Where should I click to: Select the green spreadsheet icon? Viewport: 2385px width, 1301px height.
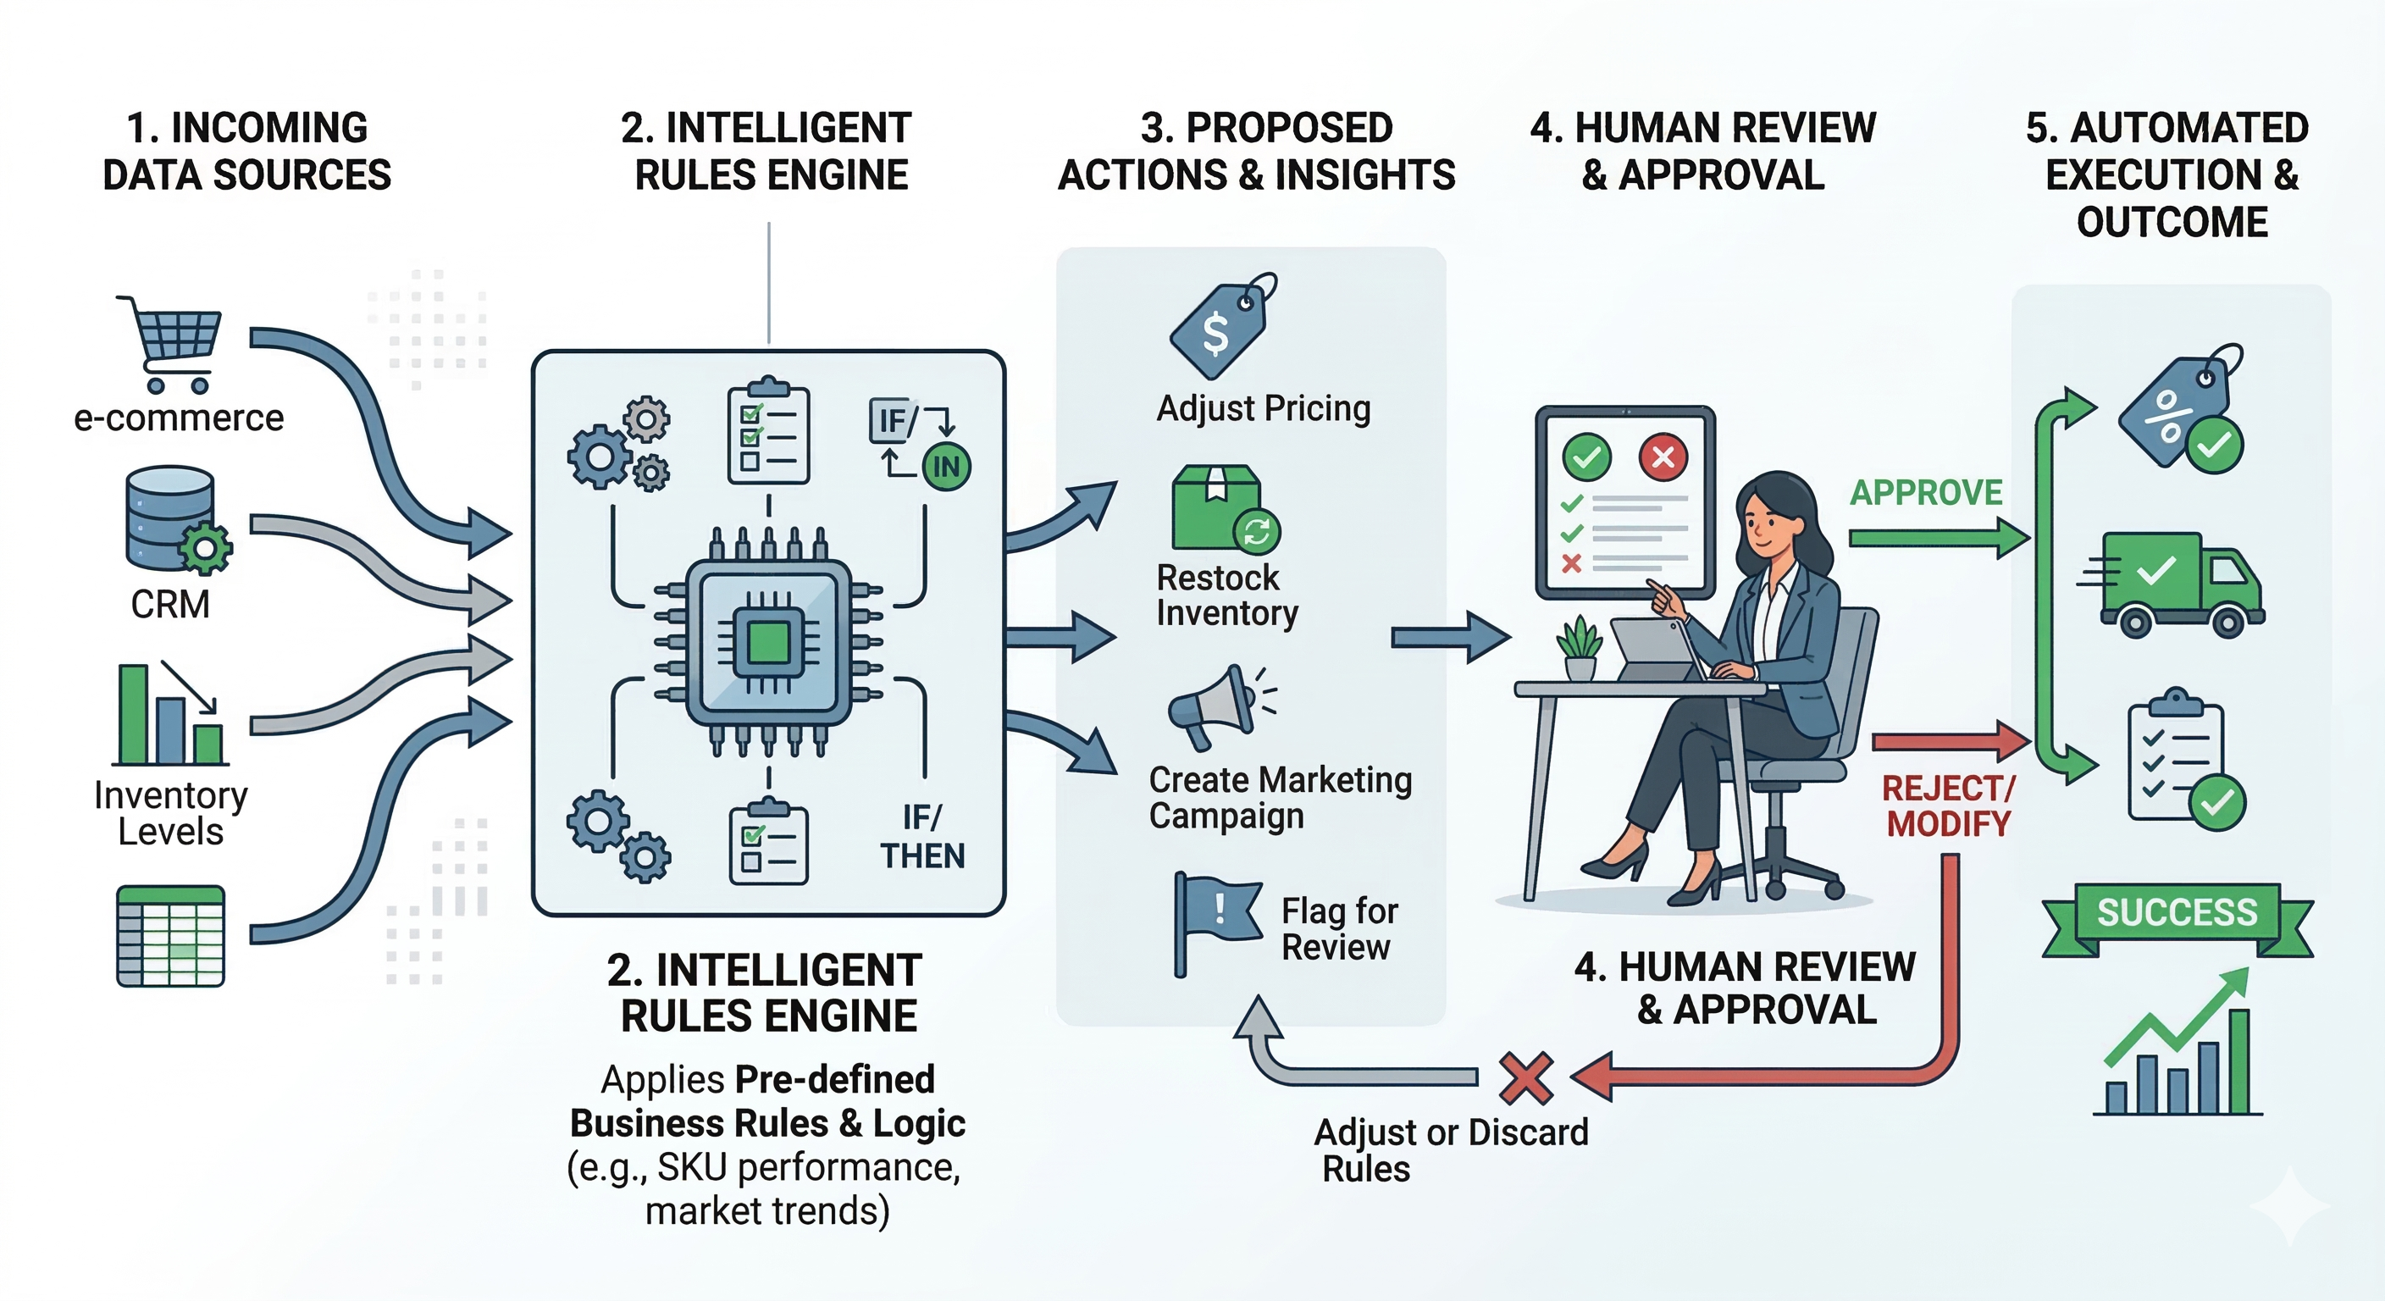point(170,935)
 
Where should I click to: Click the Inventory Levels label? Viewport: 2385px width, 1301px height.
point(170,813)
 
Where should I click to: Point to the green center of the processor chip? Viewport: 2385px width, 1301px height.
point(767,641)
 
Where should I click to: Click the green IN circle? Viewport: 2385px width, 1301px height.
point(946,466)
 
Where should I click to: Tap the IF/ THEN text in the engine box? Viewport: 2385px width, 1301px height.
point(922,836)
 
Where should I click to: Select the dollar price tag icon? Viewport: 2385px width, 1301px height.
point(1220,326)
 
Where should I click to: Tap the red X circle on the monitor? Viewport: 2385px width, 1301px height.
point(1663,457)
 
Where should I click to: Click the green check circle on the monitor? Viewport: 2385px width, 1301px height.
point(1586,457)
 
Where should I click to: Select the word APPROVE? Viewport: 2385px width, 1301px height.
point(1926,493)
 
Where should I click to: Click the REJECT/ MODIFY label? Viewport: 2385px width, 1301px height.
point(1948,806)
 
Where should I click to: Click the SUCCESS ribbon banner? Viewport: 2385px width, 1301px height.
point(2177,914)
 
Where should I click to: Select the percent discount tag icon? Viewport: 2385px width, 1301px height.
point(2177,410)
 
